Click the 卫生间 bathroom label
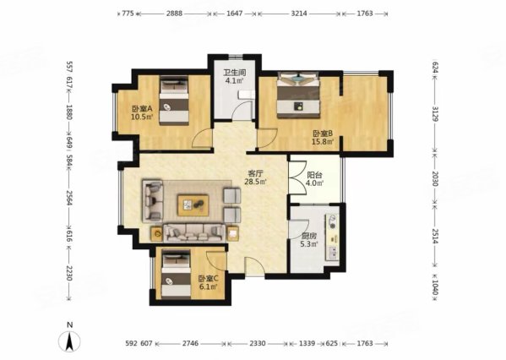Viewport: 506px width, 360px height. pyautogui.click(x=235, y=73)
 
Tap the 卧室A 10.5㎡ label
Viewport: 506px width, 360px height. pyautogui.click(x=142, y=112)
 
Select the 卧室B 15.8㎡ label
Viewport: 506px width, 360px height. pyautogui.click(x=323, y=137)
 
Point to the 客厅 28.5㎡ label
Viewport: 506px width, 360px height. pyautogui.click(x=255, y=177)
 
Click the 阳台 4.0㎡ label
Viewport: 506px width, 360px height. pyautogui.click(x=314, y=179)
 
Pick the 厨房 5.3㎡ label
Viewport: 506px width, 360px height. pyautogui.click(x=309, y=240)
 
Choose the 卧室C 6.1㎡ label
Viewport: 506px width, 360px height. pyautogui.click(x=209, y=282)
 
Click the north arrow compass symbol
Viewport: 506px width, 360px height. pyautogui.click(x=69, y=338)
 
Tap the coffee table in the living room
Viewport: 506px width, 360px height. pyautogui.click(x=193, y=205)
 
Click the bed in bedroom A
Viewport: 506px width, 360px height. pyautogui.click(x=174, y=101)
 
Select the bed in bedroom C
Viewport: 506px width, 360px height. pyautogui.click(x=176, y=274)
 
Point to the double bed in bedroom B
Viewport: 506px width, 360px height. pyautogui.click(x=298, y=95)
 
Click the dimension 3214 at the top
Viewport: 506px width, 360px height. pyautogui.click(x=299, y=14)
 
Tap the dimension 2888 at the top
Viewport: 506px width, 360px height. pyautogui.click(x=174, y=14)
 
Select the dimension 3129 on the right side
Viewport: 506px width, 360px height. pyautogui.click(x=434, y=113)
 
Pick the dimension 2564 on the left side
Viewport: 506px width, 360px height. pyautogui.click(x=68, y=198)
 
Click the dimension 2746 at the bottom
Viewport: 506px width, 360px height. pyautogui.click(x=191, y=343)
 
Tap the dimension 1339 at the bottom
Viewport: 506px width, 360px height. pyautogui.click(x=307, y=343)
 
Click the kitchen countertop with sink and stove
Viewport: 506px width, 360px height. pyautogui.click(x=332, y=237)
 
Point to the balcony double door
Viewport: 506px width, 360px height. pyautogui.click(x=297, y=177)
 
